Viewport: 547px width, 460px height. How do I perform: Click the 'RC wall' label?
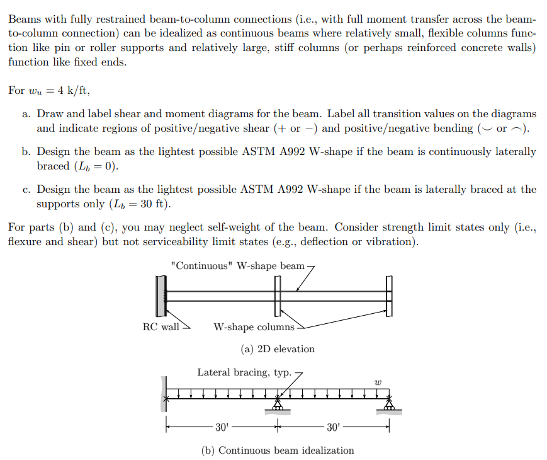(x=161, y=326)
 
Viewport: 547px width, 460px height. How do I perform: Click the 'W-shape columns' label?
(x=254, y=326)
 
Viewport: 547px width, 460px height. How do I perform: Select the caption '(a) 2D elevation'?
(x=277, y=348)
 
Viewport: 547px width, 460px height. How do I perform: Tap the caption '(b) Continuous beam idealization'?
(x=277, y=450)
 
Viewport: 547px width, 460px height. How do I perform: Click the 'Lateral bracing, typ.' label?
(x=244, y=372)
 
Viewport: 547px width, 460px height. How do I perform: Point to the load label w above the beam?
(x=378, y=382)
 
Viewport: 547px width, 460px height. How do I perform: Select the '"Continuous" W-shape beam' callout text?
(x=237, y=265)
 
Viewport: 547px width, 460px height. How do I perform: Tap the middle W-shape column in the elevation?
(x=277, y=296)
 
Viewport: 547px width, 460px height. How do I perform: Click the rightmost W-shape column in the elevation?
(x=389, y=296)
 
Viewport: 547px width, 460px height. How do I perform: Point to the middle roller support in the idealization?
(x=277, y=406)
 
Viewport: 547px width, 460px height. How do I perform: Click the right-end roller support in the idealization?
(x=389, y=406)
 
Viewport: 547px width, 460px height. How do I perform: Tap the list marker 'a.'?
(x=26, y=114)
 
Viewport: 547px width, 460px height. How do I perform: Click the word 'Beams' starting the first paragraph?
(x=23, y=20)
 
